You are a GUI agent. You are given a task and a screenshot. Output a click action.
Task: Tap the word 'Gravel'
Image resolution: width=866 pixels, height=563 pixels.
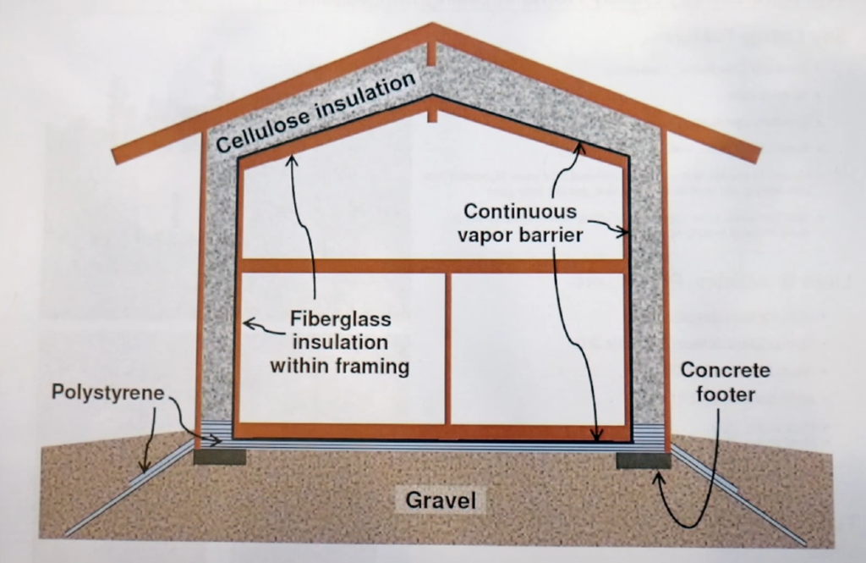(x=441, y=500)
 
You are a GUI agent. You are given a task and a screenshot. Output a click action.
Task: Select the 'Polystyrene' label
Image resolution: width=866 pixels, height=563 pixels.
(x=107, y=393)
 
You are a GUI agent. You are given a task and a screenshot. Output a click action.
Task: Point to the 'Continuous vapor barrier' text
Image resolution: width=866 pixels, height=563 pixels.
(x=520, y=223)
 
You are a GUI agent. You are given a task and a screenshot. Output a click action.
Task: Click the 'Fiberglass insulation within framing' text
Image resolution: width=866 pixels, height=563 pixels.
(x=339, y=344)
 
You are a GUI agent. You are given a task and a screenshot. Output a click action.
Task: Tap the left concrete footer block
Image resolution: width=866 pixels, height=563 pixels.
(x=219, y=457)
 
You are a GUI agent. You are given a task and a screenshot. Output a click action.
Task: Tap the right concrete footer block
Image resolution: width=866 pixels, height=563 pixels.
(x=643, y=460)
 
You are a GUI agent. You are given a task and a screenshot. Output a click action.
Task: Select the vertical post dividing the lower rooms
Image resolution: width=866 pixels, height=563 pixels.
(x=448, y=348)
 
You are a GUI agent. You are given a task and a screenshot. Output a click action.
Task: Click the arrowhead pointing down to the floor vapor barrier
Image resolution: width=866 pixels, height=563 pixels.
(x=597, y=437)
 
